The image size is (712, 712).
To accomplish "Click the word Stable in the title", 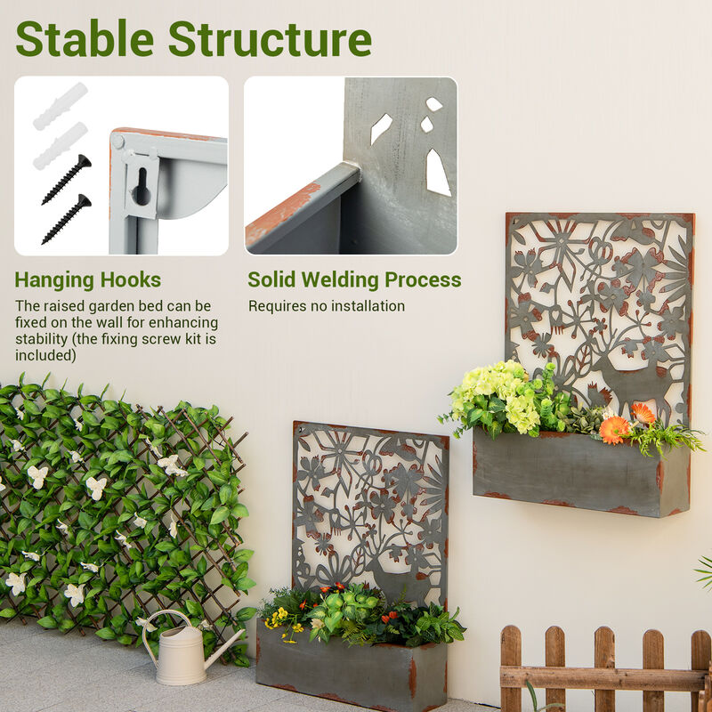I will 85,39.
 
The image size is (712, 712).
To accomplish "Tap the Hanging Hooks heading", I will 88,280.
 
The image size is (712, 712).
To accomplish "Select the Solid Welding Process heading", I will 354,280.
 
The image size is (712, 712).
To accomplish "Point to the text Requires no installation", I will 326,306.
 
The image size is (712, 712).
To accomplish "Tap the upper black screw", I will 68,178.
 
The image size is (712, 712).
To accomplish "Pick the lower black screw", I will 67,218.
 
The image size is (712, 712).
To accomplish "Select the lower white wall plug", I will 60,146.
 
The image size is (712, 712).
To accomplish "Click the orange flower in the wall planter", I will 614,429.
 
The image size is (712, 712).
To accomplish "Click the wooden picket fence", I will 605,672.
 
